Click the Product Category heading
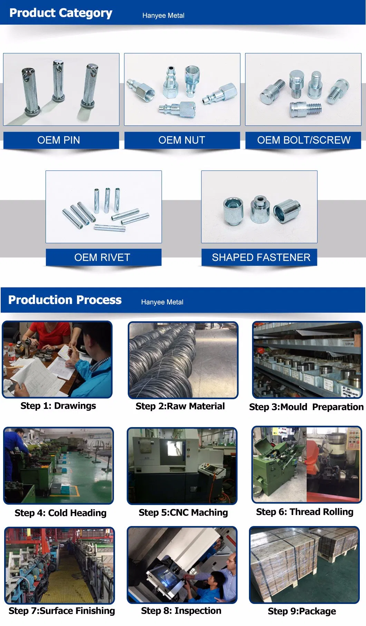tap(61, 13)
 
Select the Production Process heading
tap(65, 300)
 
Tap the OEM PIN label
tap(59, 140)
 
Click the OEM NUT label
tap(182, 140)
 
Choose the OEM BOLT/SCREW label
tap(304, 140)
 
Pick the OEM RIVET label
tap(102, 258)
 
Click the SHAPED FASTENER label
tap(261, 258)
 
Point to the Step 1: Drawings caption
tap(58, 406)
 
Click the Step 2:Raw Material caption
tap(180, 406)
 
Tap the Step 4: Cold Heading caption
tap(60, 513)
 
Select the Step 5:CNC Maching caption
tap(183, 513)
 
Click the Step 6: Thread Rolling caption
tap(305, 512)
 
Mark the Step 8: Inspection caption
tap(181, 610)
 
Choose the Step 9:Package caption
tap(302, 611)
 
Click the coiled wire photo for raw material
tap(183, 360)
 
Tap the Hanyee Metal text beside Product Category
tap(163, 16)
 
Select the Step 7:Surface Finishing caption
tap(61, 610)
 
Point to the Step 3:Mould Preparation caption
tap(306, 407)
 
